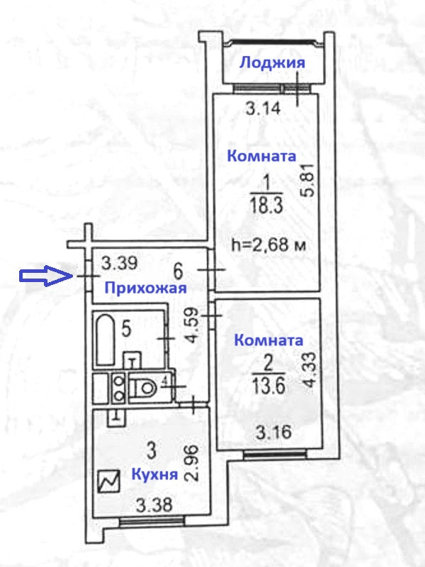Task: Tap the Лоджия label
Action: tap(272, 63)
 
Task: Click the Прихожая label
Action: tap(145, 288)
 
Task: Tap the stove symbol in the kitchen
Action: tap(110, 483)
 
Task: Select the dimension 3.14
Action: tap(263, 109)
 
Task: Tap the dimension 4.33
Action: tap(307, 368)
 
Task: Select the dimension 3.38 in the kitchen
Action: tap(154, 505)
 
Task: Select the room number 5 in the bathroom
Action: tap(126, 327)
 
